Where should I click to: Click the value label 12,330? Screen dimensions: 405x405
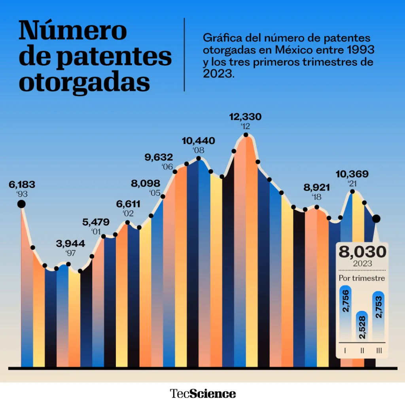(246, 117)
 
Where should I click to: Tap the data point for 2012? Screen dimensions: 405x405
(246, 135)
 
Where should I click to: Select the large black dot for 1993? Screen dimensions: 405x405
(21, 204)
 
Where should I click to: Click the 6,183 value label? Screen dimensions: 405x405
(22, 185)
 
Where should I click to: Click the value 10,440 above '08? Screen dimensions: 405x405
(199, 141)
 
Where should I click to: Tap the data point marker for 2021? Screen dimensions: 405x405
(352, 192)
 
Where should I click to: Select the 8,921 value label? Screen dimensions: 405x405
(317, 187)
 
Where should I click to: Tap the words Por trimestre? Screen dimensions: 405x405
(362, 278)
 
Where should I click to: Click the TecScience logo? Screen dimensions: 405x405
(203, 394)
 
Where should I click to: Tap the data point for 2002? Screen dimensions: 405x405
(127, 222)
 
